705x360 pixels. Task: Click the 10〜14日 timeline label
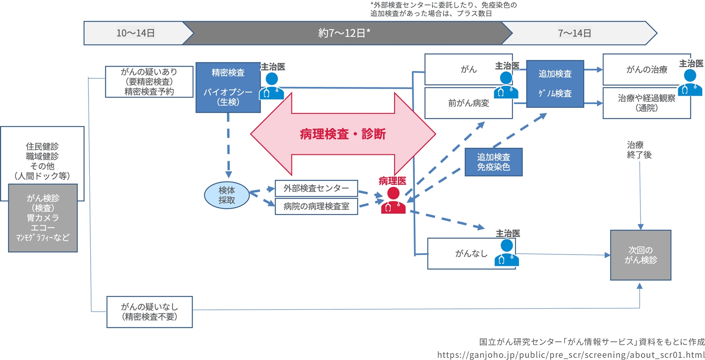pyautogui.click(x=135, y=33)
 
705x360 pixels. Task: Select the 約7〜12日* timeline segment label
pyautogui.click(x=344, y=33)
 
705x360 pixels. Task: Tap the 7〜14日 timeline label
pyautogui.click(x=574, y=33)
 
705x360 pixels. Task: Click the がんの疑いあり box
pyautogui.click(x=149, y=82)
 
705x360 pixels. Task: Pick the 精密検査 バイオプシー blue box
pyautogui.click(x=228, y=87)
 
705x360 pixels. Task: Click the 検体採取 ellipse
pyautogui.click(x=227, y=195)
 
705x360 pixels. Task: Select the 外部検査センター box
pyautogui.click(x=316, y=188)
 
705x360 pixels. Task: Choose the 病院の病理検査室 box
pyautogui.click(x=316, y=206)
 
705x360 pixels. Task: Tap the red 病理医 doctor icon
pyautogui.click(x=393, y=200)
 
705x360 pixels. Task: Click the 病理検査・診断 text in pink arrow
pyautogui.click(x=343, y=134)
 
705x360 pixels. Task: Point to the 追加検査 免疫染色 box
pyautogui.click(x=493, y=162)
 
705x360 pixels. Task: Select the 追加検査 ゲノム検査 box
pyautogui.click(x=555, y=84)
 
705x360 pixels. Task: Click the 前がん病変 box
pyautogui.click(x=468, y=103)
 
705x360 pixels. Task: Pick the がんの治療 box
pyautogui.click(x=646, y=70)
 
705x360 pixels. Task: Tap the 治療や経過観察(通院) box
pyautogui.click(x=646, y=103)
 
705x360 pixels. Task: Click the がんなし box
pyautogui.click(x=471, y=254)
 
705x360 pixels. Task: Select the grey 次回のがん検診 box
pyautogui.click(x=640, y=255)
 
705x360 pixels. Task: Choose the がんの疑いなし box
pyautogui.click(x=149, y=312)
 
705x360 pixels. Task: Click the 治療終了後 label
pyautogui.click(x=639, y=150)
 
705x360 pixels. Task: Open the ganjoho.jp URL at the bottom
pyautogui.click(x=570, y=355)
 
